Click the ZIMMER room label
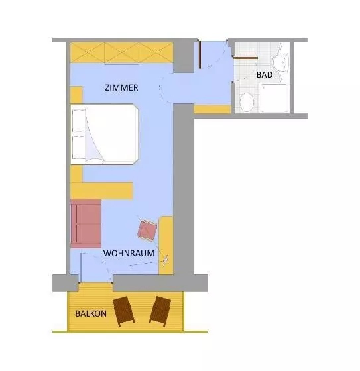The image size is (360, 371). tap(121, 87)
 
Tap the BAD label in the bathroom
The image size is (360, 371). tap(265, 75)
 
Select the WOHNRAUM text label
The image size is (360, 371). tap(129, 253)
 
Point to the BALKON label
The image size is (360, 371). tap(91, 314)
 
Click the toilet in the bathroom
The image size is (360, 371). tap(247, 102)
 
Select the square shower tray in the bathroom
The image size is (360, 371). tap(274, 98)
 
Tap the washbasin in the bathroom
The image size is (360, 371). tap(281, 62)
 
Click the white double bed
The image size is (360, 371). tap(105, 134)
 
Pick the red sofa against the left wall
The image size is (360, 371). tap(86, 224)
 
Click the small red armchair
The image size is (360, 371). tap(148, 231)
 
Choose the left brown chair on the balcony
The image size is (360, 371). tap(123, 311)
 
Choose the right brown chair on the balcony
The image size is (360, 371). tap(160, 311)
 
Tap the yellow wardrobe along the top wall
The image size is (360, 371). tap(122, 52)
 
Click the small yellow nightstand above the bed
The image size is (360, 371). tap(76, 95)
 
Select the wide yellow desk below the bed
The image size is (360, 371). tap(101, 191)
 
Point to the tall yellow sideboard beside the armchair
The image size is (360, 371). tap(166, 245)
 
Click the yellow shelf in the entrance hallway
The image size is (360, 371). tap(212, 109)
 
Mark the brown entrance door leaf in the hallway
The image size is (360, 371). tap(200, 55)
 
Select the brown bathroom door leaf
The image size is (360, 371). tap(245, 58)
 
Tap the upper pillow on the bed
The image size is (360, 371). tap(79, 121)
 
